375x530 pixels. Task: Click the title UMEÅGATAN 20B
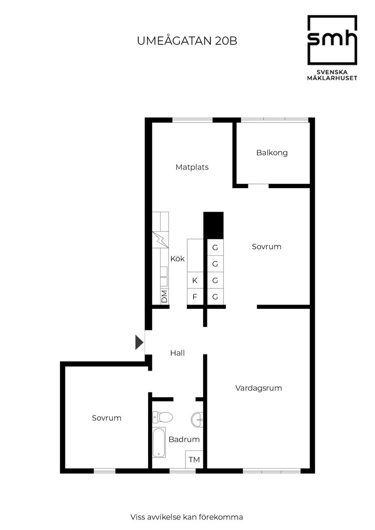tap(187, 41)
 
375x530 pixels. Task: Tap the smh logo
tap(332, 40)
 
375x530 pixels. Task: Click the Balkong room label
tap(272, 153)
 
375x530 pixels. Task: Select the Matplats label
tap(192, 167)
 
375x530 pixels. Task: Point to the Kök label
tap(177, 259)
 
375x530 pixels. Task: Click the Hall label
tap(177, 352)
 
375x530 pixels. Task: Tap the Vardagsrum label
tap(259, 388)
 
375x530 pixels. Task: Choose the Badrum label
tap(184, 439)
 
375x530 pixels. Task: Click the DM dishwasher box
tap(164, 297)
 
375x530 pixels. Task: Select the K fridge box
tap(195, 280)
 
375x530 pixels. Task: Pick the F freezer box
tap(195, 297)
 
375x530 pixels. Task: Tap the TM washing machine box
tap(194, 460)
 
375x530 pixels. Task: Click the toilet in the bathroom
tap(162, 416)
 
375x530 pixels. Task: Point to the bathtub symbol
tap(159, 441)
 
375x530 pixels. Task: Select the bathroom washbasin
tap(198, 419)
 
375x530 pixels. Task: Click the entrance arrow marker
tap(139, 342)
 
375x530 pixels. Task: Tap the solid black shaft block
tap(214, 225)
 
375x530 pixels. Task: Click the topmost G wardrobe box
tap(215, 248)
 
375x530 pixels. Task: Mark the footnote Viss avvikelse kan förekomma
tap(187, 517)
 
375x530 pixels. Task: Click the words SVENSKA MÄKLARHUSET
tap(332, 74)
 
